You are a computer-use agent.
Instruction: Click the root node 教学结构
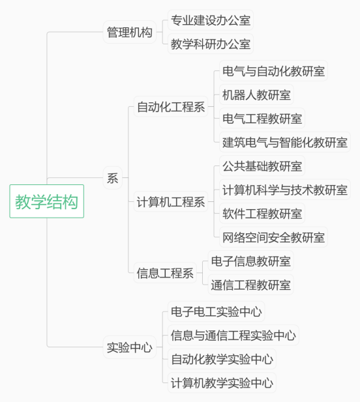[x=47, y=201]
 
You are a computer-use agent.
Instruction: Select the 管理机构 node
[x=130, y=32]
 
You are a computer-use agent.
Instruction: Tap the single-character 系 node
[x=112, y=178]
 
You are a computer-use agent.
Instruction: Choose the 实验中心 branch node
[x=130, y=347]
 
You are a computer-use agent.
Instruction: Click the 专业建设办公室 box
[x=211, y=20]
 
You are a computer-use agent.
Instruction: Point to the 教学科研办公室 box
[x=211, y=44]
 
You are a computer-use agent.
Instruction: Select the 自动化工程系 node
[x=171, y=107]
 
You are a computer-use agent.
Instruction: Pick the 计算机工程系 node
[x=171, y=201]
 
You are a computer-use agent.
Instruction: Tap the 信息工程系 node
[x=165, y=273]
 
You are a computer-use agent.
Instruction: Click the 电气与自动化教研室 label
[x=273, y=71]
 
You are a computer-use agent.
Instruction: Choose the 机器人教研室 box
[x=256, y=94]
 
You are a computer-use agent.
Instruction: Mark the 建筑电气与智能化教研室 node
[x=285, y=142]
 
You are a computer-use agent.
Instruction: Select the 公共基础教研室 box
[x=262, y=166]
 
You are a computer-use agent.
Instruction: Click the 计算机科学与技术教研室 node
[x=285, y=190]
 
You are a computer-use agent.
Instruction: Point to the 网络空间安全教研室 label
[x=273, y=237]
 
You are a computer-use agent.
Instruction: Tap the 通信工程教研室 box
[x=250, y=285]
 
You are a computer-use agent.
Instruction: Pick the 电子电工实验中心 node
[x=217, y=311]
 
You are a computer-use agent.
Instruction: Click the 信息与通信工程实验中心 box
[x=233, y=335]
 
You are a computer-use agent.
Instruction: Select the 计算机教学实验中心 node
[x=222, y=382]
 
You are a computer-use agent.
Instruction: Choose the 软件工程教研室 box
[x=262, y=213]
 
